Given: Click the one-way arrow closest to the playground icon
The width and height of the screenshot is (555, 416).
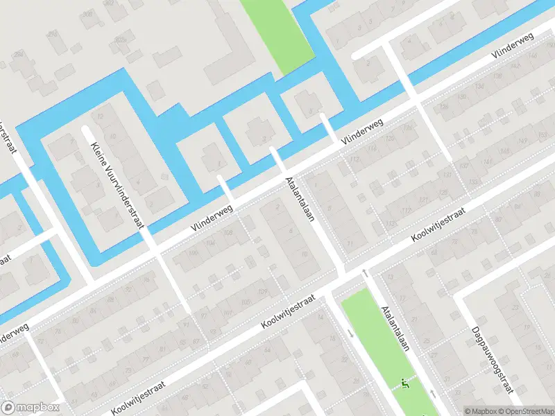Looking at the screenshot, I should pyautogui.click(x=433, y=392).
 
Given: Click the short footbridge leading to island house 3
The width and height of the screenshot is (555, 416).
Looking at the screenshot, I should pyautogui.click(x=276, y=157).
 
